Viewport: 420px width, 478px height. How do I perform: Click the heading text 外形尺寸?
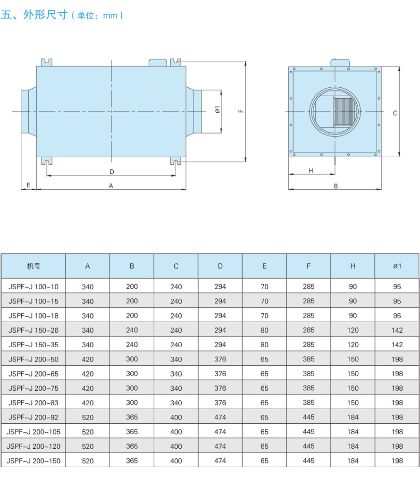pyautogui.click(x=45, y=15)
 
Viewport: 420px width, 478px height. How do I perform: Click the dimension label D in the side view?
pyautogui.click(x=112, y=172)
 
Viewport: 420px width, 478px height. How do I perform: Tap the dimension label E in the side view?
pyautogui.click(x=28, y=185)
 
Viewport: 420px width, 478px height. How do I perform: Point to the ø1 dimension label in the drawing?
pyautogui.click(x=218, y=109)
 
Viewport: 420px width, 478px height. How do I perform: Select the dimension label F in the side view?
pyautogui.click(x=241, y=111)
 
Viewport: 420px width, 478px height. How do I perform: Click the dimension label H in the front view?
pyautogui.click(x=311, y=171)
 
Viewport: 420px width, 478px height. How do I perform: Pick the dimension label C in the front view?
pyautogui.click(x=395, y=113)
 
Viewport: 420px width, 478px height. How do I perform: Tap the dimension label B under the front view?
pyautogui.click(x=336, y=186)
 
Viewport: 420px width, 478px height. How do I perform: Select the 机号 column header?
pyautogui.click(x=34, y=266)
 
